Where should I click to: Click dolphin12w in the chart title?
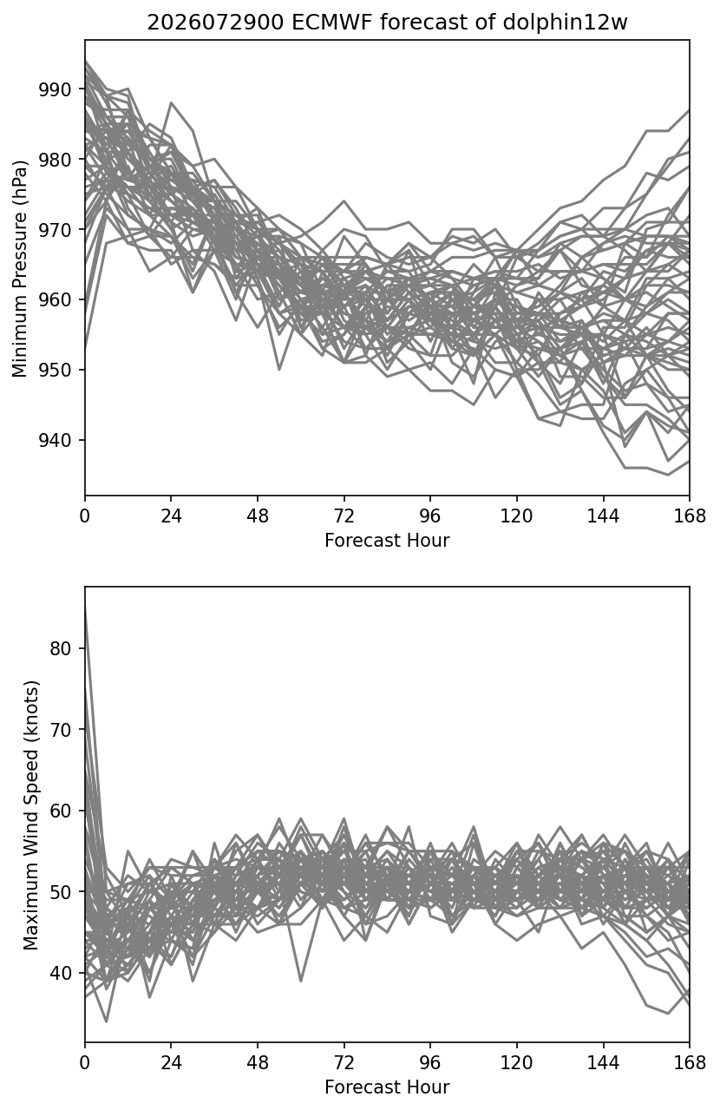566,23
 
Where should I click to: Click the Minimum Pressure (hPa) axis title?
20,268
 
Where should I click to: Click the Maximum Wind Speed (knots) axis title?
31,816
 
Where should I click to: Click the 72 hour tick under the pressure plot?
344,516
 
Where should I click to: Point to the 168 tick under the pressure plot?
690,516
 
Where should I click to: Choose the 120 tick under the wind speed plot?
517,1063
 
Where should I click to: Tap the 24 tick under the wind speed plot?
172,1063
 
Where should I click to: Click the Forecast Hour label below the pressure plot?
387,540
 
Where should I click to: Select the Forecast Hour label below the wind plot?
387,1087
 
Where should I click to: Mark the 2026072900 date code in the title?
215,23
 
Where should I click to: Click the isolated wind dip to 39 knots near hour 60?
300,981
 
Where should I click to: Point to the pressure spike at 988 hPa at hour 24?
172,103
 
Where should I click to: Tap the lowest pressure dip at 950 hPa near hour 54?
279,369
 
